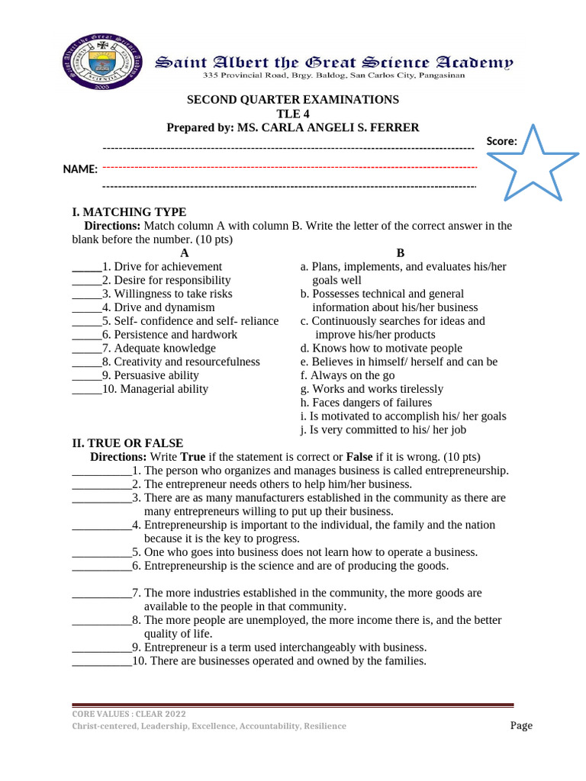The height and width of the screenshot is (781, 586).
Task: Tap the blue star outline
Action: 532,166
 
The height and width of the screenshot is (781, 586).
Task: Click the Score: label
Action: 502,140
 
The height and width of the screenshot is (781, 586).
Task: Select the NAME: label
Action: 79,169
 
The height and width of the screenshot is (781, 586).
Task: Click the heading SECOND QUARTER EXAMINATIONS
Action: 294,100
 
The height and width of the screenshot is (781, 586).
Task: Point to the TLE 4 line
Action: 293,114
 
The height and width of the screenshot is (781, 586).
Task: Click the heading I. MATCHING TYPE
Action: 129,212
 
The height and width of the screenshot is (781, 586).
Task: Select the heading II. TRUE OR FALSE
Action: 127,443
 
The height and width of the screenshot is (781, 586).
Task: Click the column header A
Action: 183,253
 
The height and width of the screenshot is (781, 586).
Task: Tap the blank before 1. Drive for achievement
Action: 86,268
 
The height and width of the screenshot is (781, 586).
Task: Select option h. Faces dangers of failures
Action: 366,403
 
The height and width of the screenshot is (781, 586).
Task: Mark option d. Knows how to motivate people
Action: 382,349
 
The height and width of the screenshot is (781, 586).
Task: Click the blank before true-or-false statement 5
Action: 101,552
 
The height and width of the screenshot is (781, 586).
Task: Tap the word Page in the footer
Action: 521,725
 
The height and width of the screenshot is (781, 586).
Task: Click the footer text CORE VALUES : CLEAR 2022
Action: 129,714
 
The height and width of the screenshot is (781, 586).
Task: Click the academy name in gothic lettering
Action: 334,63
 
